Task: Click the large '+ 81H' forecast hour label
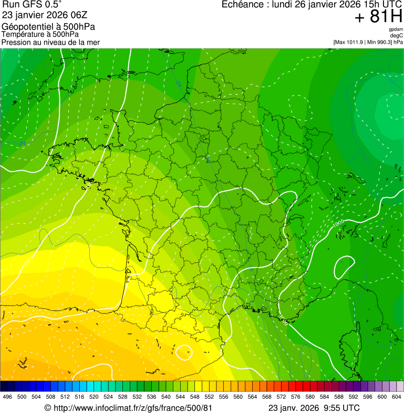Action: pyautogui.click(x=378, y=17)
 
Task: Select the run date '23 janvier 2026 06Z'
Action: pyautogui.click(x=45, y=15)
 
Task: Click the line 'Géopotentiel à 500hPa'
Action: pyautogui.click(x=48, y=27)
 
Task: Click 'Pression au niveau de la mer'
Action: pyautogui.click(x=50, y=42)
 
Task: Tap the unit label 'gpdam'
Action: pyautogui.click(x=396, y=29)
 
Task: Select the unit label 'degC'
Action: pyautogui.click(x=397, y=36)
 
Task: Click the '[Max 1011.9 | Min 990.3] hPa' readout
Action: pyautogui.click(x=368, y=42)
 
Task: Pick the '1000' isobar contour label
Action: pyautogui.click(x=339, y=223)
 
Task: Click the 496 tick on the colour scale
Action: pyautogui.click(x=7, y=397)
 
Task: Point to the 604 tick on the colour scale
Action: pyautogui.click(x=397, y=397)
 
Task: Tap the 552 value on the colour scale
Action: pyautogui.click(x=209, y=397)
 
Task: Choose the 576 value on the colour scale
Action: pyautogui.click(x=296, y=397)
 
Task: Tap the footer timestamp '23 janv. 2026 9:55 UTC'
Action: pyautogui.click(x=314, y=408)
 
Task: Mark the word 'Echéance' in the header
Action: pyautogui.click(x=244, y=5)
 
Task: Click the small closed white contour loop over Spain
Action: pyautogui.click(x=184, y=352)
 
